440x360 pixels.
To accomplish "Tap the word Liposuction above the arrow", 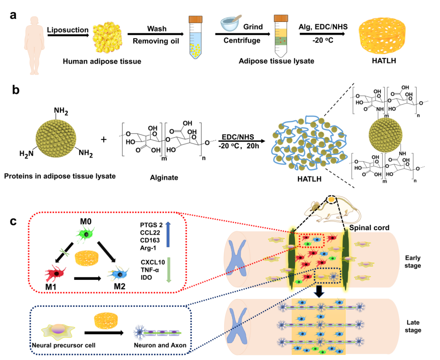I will tap(68, 30).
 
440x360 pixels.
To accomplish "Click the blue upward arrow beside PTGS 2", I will tap(168, 235).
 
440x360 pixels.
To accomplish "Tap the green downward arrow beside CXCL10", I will tap(168, 270).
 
